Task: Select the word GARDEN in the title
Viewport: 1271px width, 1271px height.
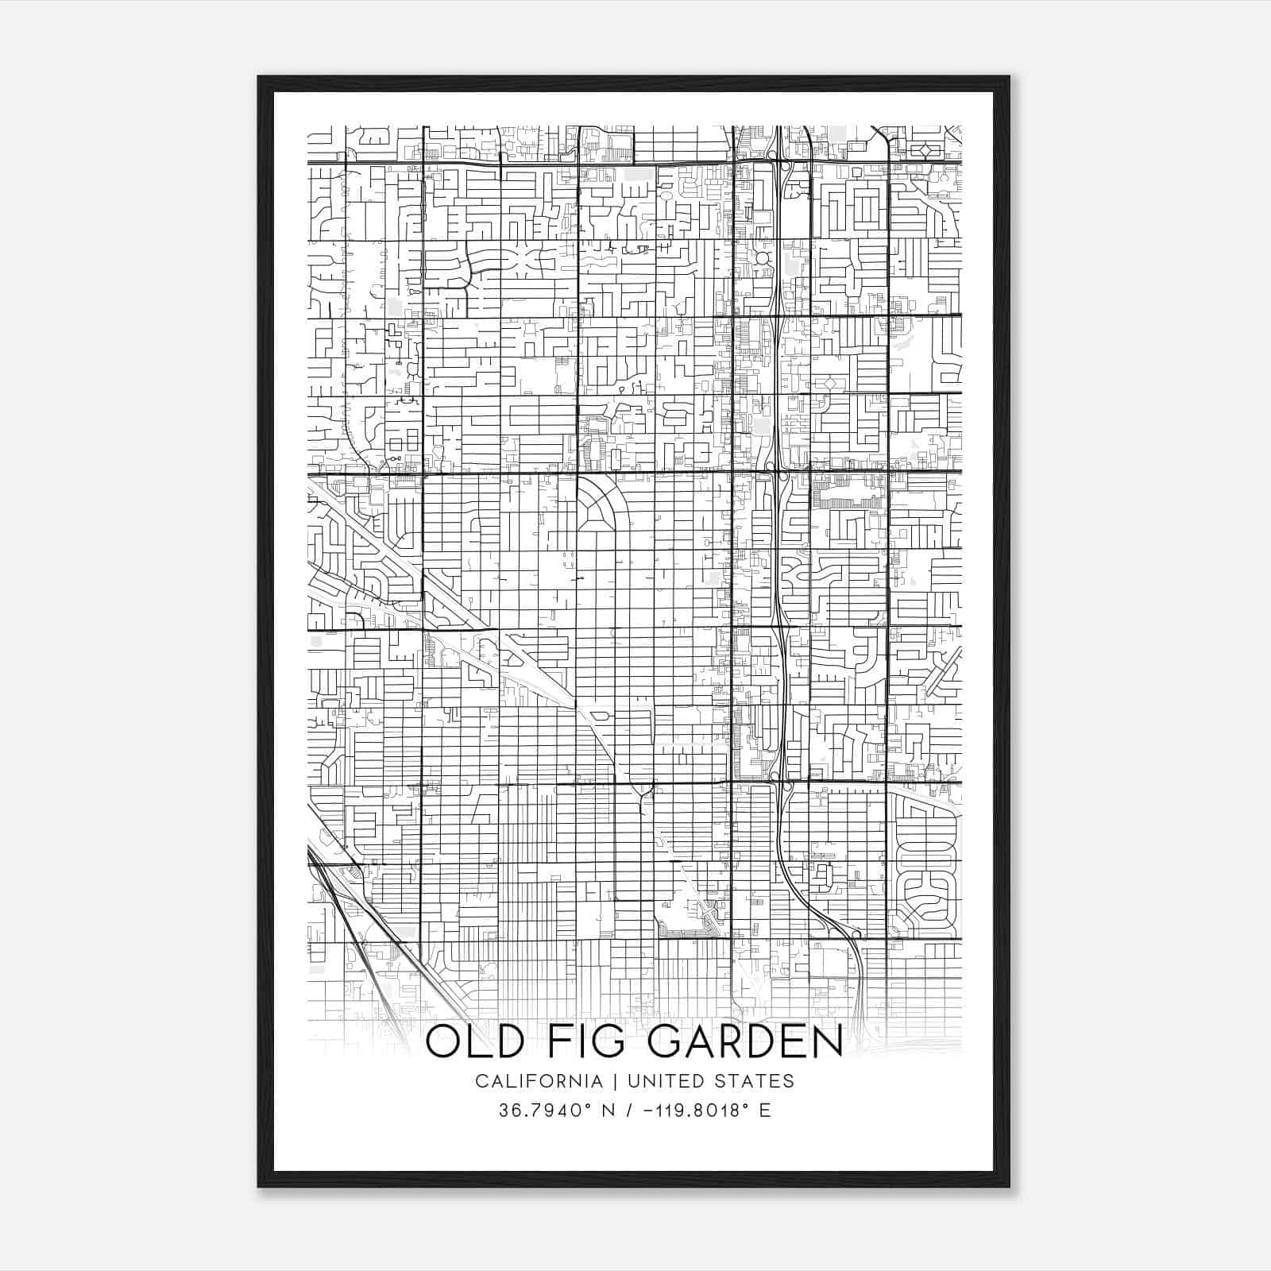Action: (745, 1042)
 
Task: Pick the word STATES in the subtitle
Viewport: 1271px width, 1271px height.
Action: (759, 1081)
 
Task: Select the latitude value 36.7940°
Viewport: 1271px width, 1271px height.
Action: (540, 1110)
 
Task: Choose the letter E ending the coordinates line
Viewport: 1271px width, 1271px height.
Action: (765, 1110)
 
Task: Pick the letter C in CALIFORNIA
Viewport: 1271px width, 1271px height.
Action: (481, 1081)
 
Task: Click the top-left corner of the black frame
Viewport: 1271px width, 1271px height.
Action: (260, 78)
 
